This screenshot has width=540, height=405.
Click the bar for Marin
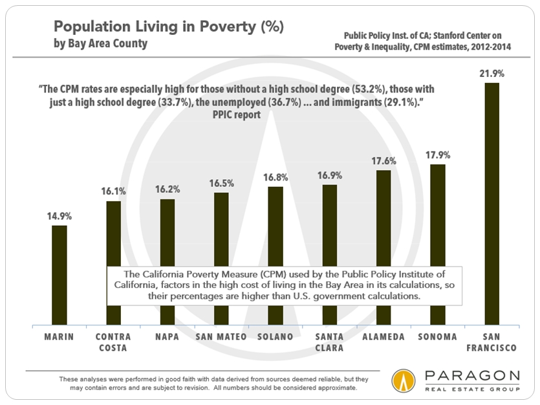(59, 274)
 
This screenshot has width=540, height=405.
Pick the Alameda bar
(384, 246)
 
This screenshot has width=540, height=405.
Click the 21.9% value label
(492, 73)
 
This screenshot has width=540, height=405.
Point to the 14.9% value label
(59, 216)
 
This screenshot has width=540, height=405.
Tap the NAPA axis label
(167, 337)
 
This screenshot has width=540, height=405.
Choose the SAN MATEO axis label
(221, 337)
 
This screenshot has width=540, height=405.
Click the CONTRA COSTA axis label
(113, 342)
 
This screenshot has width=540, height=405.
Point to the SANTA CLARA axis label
(330, 342)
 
